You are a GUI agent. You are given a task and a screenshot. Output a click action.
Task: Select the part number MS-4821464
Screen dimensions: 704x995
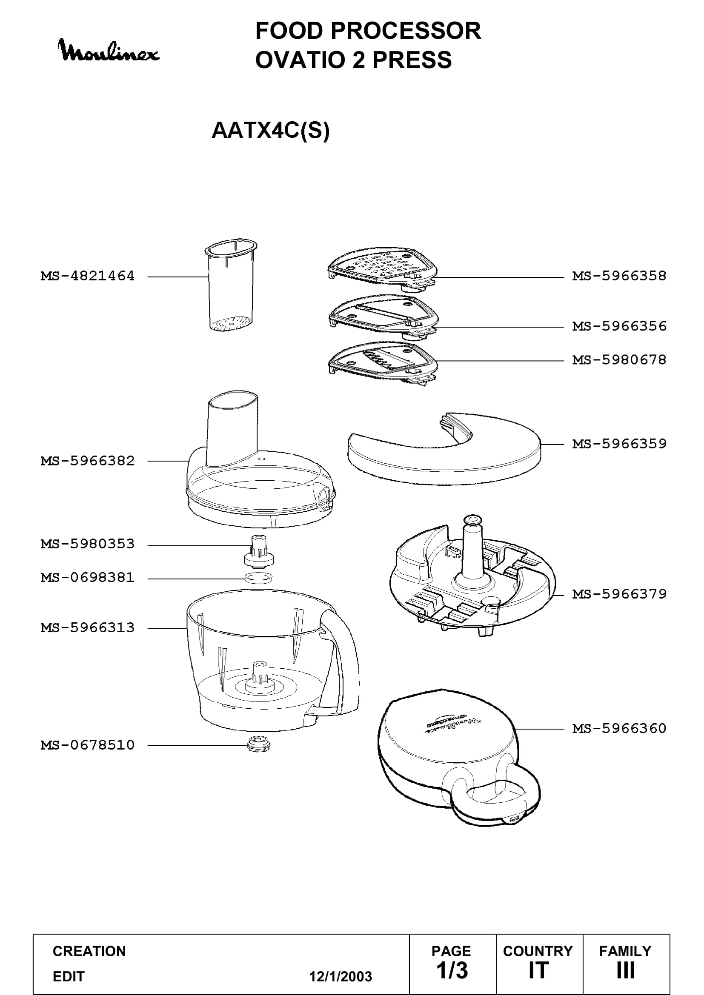click(88, 276)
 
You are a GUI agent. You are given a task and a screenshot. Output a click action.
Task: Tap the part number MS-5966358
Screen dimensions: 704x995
click(619, 276)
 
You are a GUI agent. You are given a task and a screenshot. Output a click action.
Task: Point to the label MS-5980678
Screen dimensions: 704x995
click(619, 360)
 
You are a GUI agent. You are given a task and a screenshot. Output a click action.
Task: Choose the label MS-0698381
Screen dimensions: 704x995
click(88, 578)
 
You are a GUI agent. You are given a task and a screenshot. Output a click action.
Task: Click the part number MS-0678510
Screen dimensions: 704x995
click(88, 745)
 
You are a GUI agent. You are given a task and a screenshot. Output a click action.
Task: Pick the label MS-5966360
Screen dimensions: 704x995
click(619, 728)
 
